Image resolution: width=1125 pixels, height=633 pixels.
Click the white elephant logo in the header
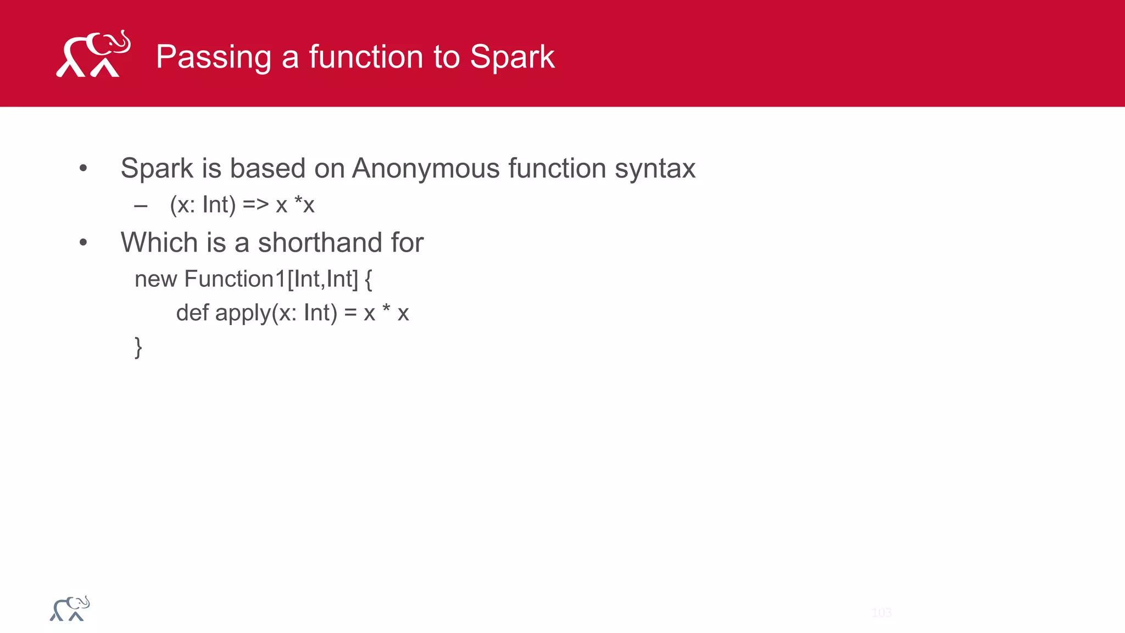click(93, 54)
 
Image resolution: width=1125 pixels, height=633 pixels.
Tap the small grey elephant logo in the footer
click(70, 609)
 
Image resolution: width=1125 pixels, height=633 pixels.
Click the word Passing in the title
click(214, 57)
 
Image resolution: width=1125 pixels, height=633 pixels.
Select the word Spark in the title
click(512, 57)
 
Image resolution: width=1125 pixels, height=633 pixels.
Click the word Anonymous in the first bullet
click(426, 168)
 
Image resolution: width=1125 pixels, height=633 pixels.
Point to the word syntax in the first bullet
click(655, 169)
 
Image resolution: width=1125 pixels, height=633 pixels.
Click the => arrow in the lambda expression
click(255, 205)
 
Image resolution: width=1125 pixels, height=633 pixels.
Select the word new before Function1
click(155, 280)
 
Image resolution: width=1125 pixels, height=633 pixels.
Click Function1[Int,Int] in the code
click(271, 279)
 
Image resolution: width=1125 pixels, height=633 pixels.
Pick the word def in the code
click(192, 313)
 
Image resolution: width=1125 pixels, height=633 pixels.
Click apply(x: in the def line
click(256, 314)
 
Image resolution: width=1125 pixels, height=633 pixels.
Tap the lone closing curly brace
click(138, 347)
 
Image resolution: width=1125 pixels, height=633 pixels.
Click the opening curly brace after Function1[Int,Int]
click(368, 280)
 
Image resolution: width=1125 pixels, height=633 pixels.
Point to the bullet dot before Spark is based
click(83, 168)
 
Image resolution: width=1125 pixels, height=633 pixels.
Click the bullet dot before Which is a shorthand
click(83, 242)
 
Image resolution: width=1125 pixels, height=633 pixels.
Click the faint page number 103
click(881, 613)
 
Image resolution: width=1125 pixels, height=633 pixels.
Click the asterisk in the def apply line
click(386, 310)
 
